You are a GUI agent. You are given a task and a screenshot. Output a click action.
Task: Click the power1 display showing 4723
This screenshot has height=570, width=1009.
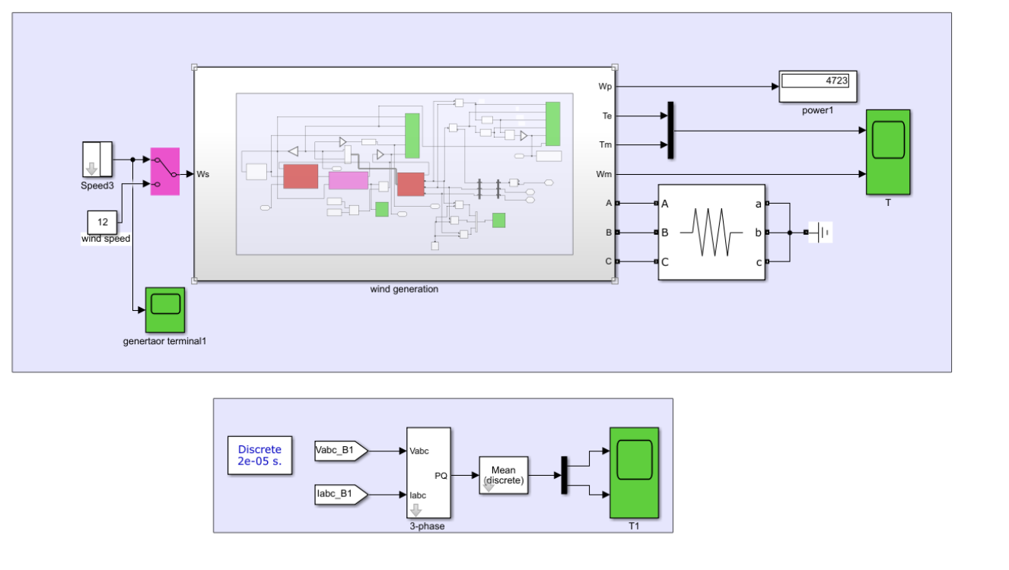click(818, 87)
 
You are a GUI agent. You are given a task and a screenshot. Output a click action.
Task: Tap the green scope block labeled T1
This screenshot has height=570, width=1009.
click(634, 471)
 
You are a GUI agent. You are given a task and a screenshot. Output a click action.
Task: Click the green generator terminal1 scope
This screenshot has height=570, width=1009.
click(165, 309)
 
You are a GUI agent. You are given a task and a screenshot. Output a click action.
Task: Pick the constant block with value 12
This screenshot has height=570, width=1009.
click(103, 223)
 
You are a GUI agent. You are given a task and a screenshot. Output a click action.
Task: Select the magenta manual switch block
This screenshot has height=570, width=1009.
click(165, 171)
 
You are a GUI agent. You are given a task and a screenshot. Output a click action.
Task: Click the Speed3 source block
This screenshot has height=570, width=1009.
click(97, 159)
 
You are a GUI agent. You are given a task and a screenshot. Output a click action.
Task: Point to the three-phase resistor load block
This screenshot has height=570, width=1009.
click(711, 233)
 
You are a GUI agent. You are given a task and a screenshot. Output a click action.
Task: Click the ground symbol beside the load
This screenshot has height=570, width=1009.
click(821, 233)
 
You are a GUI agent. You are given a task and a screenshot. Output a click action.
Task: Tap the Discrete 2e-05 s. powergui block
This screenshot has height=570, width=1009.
click(259, 455)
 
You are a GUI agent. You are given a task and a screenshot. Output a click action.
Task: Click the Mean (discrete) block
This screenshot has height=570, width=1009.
click(503, 475)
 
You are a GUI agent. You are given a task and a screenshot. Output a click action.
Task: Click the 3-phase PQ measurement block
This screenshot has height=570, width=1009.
click(428, 472)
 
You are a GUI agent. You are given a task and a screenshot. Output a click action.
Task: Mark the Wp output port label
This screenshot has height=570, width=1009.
click(606, 87)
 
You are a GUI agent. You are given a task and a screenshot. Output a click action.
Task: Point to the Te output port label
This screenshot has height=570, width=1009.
click(606, 116)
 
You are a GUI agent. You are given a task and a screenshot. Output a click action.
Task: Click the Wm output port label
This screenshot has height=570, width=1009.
click(605, 175)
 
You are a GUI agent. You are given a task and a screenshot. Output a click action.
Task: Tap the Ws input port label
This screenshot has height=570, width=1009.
click(203, 174)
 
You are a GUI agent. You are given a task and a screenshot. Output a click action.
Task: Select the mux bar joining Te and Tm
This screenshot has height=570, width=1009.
click(670, 130)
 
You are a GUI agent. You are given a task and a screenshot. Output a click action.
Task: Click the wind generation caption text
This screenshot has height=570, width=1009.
click(404, 289)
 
